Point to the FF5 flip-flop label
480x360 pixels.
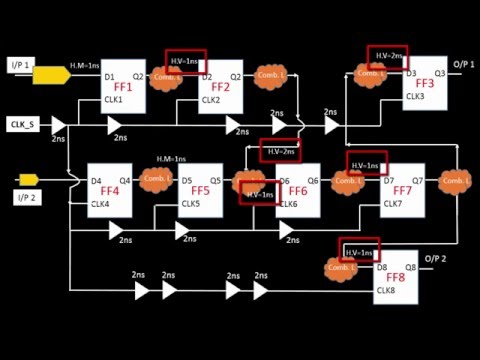point(200,190)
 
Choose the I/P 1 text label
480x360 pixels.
point(21,65)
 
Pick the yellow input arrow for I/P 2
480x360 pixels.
point(29,179)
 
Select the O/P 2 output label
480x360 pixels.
point(434,259)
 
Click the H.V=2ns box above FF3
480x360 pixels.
point(386,54)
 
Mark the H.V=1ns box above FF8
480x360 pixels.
point(361,251)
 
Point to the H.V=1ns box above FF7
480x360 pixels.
point(367,163)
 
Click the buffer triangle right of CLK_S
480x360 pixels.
point(59,124)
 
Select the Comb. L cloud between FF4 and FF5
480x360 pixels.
point(156,178)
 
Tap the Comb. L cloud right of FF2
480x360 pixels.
point(270,76)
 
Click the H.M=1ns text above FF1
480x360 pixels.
point(84,66)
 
